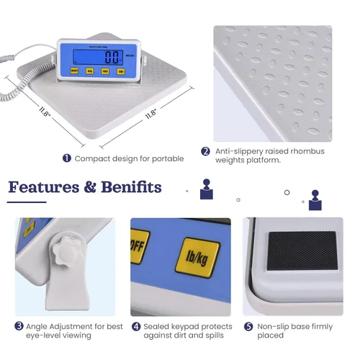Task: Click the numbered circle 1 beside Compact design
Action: click(x=67, y=158)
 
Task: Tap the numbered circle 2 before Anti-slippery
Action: click(x=205, y=151)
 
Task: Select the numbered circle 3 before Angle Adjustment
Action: click(x=19, y=325)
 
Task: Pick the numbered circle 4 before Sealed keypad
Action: click(x=136, y=325)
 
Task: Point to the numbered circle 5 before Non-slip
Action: click(x=248, y=325)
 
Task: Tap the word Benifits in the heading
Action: click(x=130, y=188)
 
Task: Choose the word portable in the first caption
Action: click(x=167, y=158)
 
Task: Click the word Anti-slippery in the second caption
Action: click(x=238, y=151)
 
